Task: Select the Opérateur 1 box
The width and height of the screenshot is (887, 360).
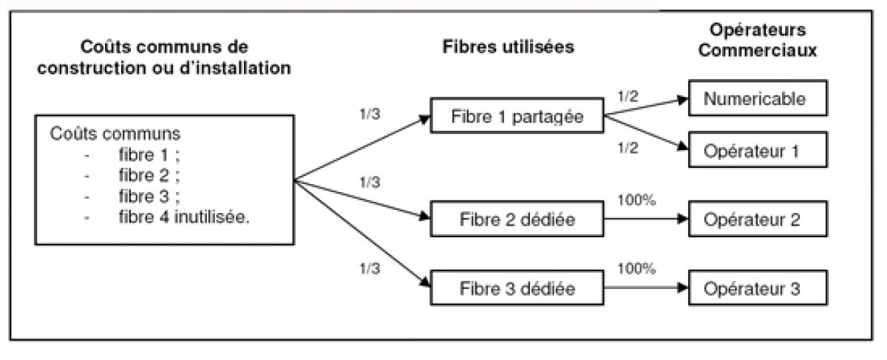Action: point(754,152)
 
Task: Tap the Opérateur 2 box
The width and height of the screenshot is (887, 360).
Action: point(754,220)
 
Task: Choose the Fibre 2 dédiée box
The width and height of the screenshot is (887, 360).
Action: point(516,220)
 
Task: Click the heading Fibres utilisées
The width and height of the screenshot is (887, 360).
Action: point(509,47)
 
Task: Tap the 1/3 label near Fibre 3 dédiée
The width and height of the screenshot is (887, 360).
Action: point(367,268)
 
